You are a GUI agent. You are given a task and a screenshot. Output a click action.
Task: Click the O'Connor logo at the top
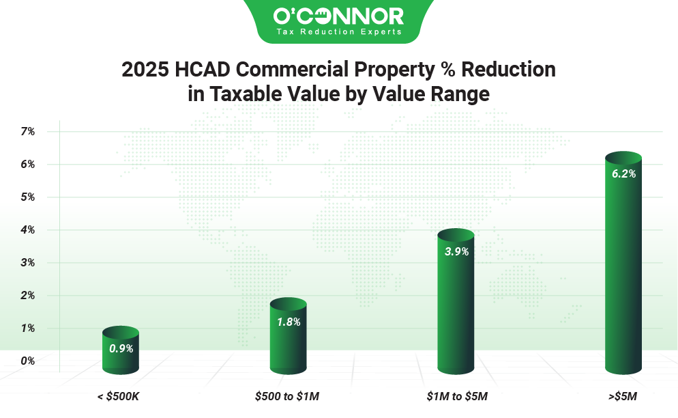tap(338, 15)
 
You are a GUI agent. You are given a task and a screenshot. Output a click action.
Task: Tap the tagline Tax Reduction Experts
tap(338, 32)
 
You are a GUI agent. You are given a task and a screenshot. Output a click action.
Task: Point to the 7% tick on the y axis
tap(27, 131)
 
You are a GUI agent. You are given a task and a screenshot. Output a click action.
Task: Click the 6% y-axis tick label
tap(27, 164)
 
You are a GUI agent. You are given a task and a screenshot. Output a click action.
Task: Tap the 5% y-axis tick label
tap(27, 197)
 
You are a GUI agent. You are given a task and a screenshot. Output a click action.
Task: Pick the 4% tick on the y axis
tap(27, 230)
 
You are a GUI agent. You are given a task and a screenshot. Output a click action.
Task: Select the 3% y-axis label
tap(27, 263)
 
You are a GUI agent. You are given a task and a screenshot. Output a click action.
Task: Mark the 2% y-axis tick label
tap(27, 296)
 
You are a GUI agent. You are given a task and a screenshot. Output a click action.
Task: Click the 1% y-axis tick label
tap(27, 329)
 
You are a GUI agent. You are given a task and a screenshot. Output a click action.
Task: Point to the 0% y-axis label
tap(27, 361)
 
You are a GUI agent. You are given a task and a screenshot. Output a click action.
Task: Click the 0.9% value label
tap(121, 348)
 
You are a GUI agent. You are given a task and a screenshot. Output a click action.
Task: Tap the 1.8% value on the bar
tap(289, 320)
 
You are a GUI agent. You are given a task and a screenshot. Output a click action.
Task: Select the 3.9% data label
tap(456, 251)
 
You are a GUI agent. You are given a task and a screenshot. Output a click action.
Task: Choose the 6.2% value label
tap(623, 174)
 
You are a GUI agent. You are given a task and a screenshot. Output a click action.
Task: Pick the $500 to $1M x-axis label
tap(287, 396)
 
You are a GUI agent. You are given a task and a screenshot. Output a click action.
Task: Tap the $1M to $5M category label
tap(456, 396)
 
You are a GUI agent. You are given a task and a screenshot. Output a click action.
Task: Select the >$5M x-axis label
tap(623, 396)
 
